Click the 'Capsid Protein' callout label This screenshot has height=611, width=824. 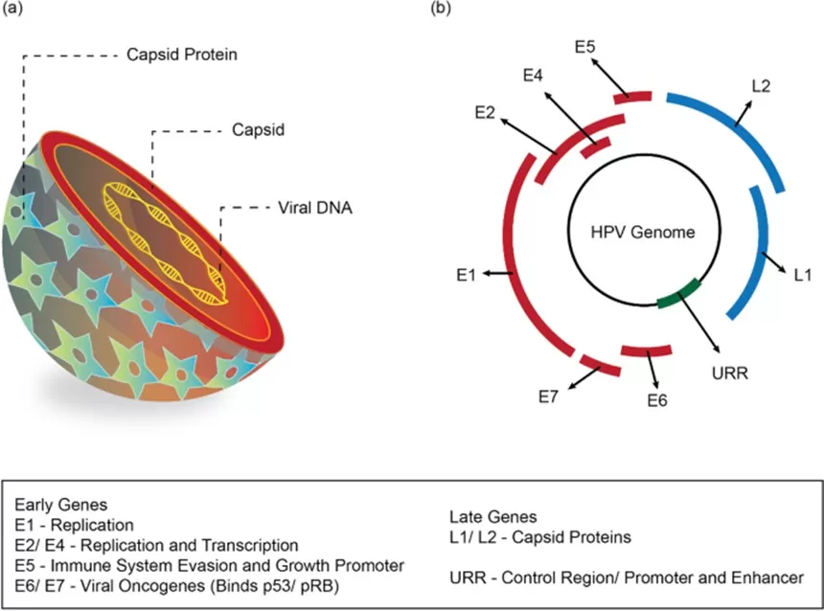181,55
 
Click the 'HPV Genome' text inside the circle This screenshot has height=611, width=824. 642,232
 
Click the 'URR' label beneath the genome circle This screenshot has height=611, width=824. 731,371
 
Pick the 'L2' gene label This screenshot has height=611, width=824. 762,86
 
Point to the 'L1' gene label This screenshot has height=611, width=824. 803,276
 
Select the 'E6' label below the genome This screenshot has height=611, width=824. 656,399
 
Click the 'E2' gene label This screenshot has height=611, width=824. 485,113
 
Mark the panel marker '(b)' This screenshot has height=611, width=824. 441,10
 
